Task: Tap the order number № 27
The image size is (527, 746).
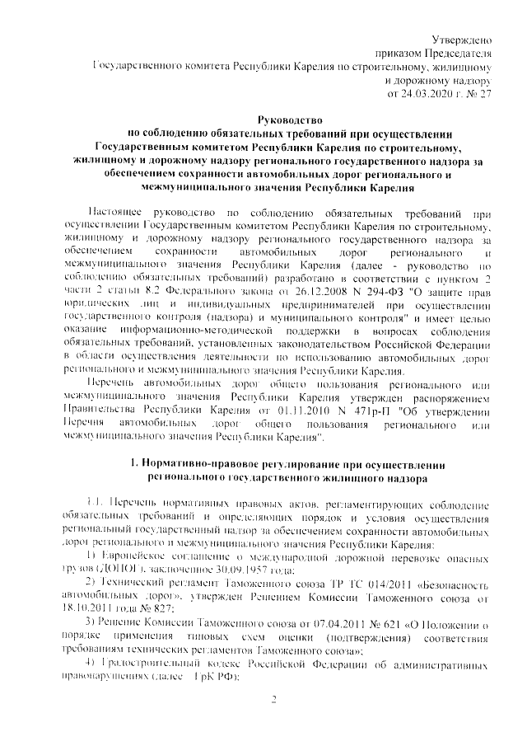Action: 477,95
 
